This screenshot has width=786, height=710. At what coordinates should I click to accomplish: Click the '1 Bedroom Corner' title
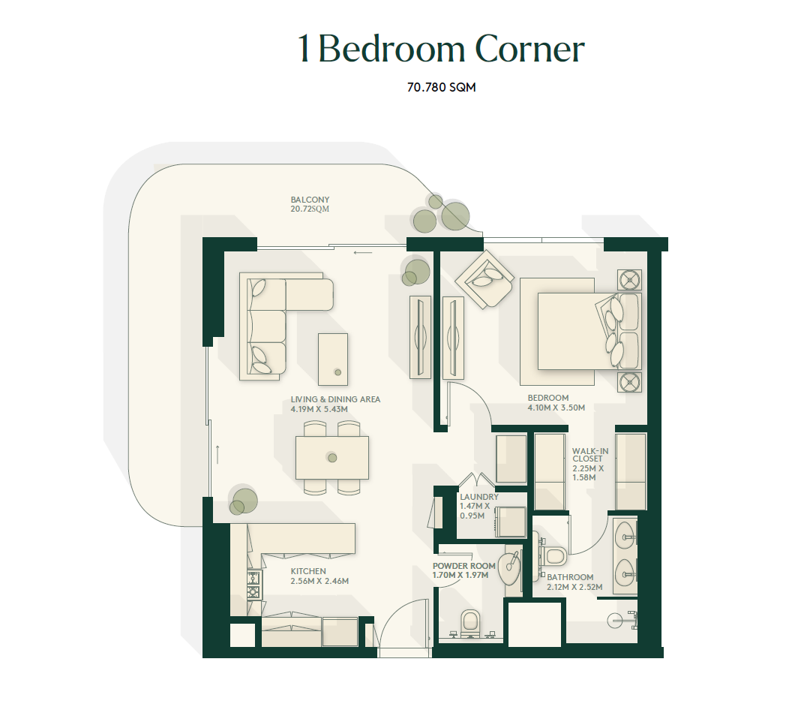(x=441, y=49)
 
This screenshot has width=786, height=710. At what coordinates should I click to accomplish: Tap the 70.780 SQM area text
(x=441, y=87)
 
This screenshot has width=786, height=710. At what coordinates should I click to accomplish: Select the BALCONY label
(x=310, y=200)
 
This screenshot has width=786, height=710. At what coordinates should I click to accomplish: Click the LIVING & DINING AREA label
(x=335, y=399)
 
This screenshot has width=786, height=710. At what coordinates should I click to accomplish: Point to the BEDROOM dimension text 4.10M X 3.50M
(x=556, y=408)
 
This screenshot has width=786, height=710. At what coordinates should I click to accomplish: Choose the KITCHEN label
(x=308, y=571)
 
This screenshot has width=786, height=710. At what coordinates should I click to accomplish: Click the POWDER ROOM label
(x=463, y=566)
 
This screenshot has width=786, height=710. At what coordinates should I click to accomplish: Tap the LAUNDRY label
(x=479, y=497)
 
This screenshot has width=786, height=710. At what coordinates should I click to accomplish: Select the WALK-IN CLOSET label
(x=590, y=455)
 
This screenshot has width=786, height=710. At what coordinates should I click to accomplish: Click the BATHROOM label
(x=570, y=578)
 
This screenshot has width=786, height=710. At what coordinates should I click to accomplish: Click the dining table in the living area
(x=331, y=458)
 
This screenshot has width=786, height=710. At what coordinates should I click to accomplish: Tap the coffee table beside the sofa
(x=332, y=360)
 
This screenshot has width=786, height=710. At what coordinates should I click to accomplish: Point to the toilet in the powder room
(x=469, y=621)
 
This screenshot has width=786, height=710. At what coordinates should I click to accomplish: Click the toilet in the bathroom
(x=554, y=555)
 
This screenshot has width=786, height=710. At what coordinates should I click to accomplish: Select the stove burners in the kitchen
(x=254, y=585)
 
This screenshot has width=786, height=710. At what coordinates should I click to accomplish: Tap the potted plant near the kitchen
(x=243, y=501)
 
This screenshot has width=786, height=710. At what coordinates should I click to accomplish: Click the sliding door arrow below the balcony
(x=363, y=252)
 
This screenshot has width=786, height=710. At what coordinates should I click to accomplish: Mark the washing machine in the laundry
(x=510, y=522)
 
